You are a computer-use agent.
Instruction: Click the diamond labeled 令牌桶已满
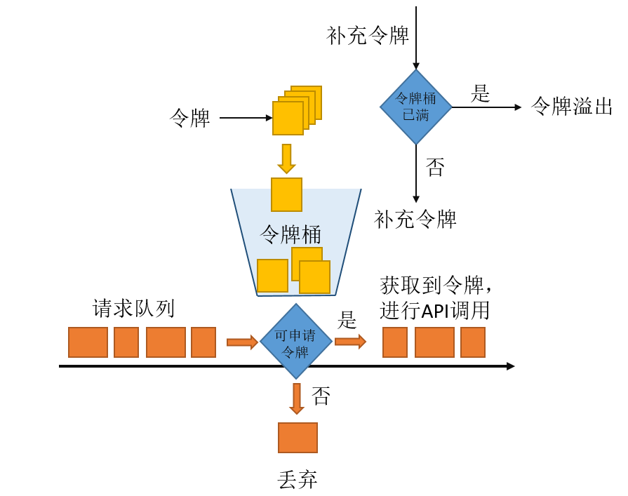pos(415,107)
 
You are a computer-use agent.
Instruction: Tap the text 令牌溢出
pos(572,107)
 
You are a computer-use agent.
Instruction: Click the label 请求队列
pos(133,308)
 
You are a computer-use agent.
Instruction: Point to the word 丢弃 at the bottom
pos(298,480)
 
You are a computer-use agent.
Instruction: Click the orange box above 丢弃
pos(298,437)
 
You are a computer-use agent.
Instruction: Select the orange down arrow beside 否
pos(297,398)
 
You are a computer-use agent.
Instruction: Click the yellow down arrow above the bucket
pos(286,159)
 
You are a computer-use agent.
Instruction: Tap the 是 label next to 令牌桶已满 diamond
pos(480,93)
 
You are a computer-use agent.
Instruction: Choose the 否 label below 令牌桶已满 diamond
pos(435,167)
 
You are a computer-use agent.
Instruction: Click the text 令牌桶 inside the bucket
pos(290,234)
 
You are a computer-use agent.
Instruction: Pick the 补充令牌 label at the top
pos(368,36)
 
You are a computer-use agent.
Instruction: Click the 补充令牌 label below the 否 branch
pos(415,220)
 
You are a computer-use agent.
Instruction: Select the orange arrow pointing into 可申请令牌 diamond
pos(242,342)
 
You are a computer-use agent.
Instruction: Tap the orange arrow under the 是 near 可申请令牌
pos(350,342)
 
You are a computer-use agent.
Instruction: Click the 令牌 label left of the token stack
pos(190,118)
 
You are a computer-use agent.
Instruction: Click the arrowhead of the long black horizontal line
pos(511,366)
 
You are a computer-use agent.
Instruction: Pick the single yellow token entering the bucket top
pos(286,194)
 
